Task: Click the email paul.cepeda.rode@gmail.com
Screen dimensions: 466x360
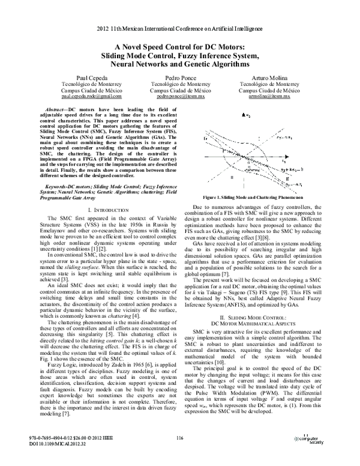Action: pos(92,96)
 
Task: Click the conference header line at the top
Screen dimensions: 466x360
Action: pos(180,28)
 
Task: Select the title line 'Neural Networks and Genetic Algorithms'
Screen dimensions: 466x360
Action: pos(180,63)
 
